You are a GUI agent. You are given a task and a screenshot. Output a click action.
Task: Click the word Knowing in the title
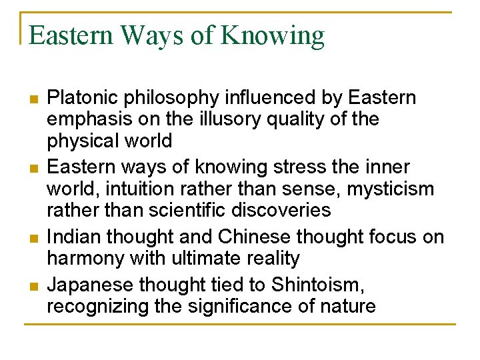click(x=273, y=35)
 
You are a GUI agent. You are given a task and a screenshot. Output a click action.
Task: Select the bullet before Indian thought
click(x=33, y=238)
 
